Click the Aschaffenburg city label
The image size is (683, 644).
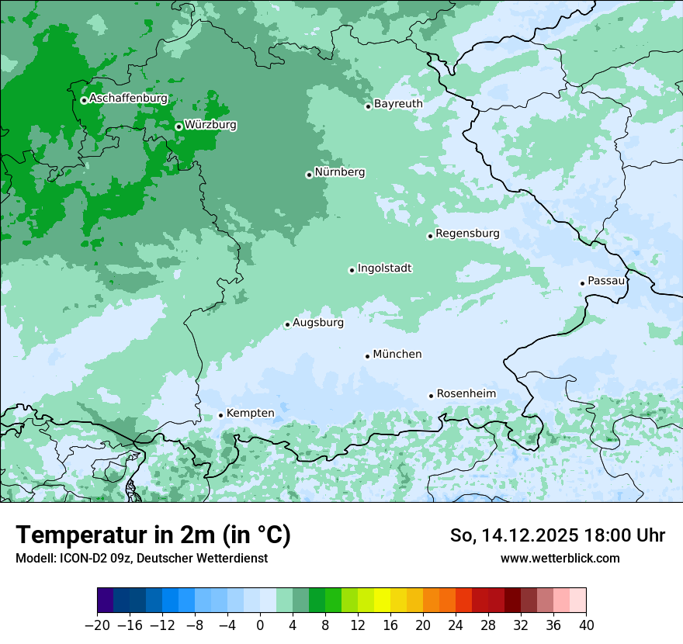pos(128,99)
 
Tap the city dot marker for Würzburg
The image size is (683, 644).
pos(179,126)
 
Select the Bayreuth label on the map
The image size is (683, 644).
pos(398,103)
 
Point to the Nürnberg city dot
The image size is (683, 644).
pos(309,175)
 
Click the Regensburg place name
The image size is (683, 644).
pos(467,233)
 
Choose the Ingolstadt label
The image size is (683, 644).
pos(384,268)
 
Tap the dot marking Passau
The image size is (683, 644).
pos(582,283)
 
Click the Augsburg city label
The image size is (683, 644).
pos(318,322)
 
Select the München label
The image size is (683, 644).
pos(397,354)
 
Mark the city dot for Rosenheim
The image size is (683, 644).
pos(431,396)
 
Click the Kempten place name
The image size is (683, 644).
pos(250,413)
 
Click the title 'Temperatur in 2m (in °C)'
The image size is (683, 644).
pos(153,535)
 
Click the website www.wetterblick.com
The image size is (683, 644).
pos(560,558)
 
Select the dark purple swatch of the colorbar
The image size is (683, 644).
pos(106,601)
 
